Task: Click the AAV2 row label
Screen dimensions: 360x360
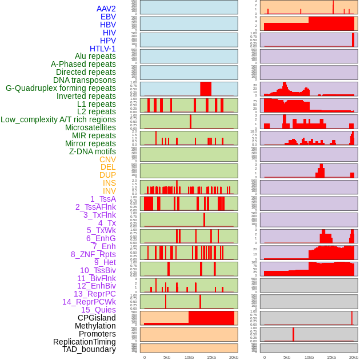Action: pos(106,9)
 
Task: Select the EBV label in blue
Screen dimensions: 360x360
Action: pos(108,17)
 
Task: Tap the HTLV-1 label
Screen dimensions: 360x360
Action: pos(103,49)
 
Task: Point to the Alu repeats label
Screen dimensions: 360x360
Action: pos(95,57)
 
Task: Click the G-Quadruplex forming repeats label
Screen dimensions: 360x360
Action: pos(61,89)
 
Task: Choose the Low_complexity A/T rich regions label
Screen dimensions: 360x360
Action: pos(58,119)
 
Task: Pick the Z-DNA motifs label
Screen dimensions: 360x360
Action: pos(93,151)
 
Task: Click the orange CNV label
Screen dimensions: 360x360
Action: pos(107,159)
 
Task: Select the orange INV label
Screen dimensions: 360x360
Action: pos(109,191)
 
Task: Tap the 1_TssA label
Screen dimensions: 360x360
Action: pos(103,199)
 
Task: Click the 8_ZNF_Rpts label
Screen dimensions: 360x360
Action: pos(93,254)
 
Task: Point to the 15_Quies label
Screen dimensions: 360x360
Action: pos(98,310)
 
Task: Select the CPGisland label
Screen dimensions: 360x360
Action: pos(97,318)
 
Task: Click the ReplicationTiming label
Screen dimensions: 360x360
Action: pos(85,342)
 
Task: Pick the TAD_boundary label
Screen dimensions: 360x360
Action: pos(89,349)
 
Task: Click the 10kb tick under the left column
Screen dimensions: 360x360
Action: pos(189,357)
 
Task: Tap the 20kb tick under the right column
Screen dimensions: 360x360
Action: pos(354,357)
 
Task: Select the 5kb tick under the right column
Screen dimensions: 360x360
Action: pos(286,357)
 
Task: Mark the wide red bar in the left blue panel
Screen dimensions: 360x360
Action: pos(206,89)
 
